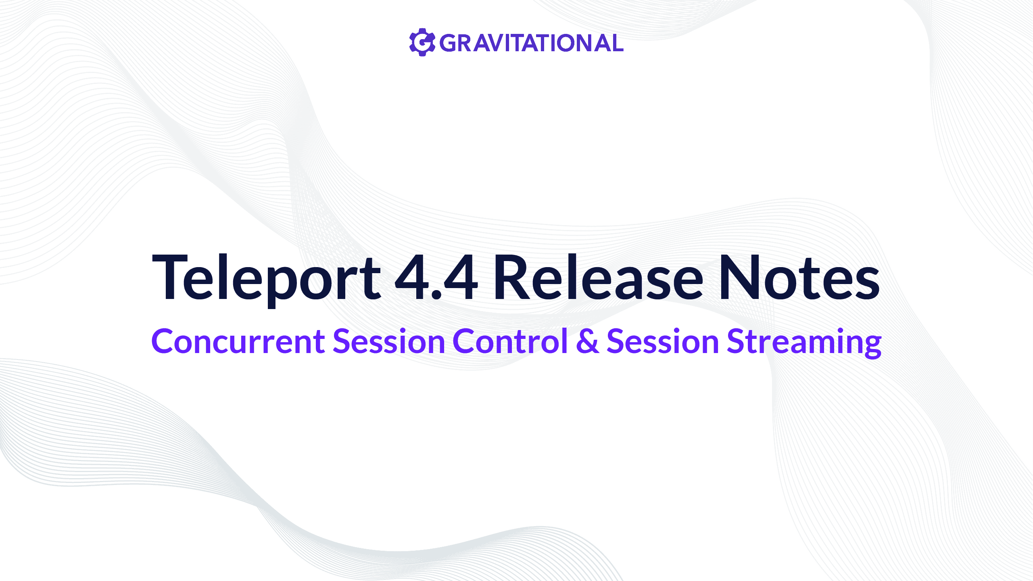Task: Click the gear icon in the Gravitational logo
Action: (x=422, y=42)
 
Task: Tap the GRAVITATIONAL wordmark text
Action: (x=531, y=43)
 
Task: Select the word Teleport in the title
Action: (x=266, y=278)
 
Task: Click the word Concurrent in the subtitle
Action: (x=238, y=341)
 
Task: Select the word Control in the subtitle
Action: (x=510, y=341)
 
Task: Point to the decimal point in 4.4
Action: (x=436, y=296)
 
